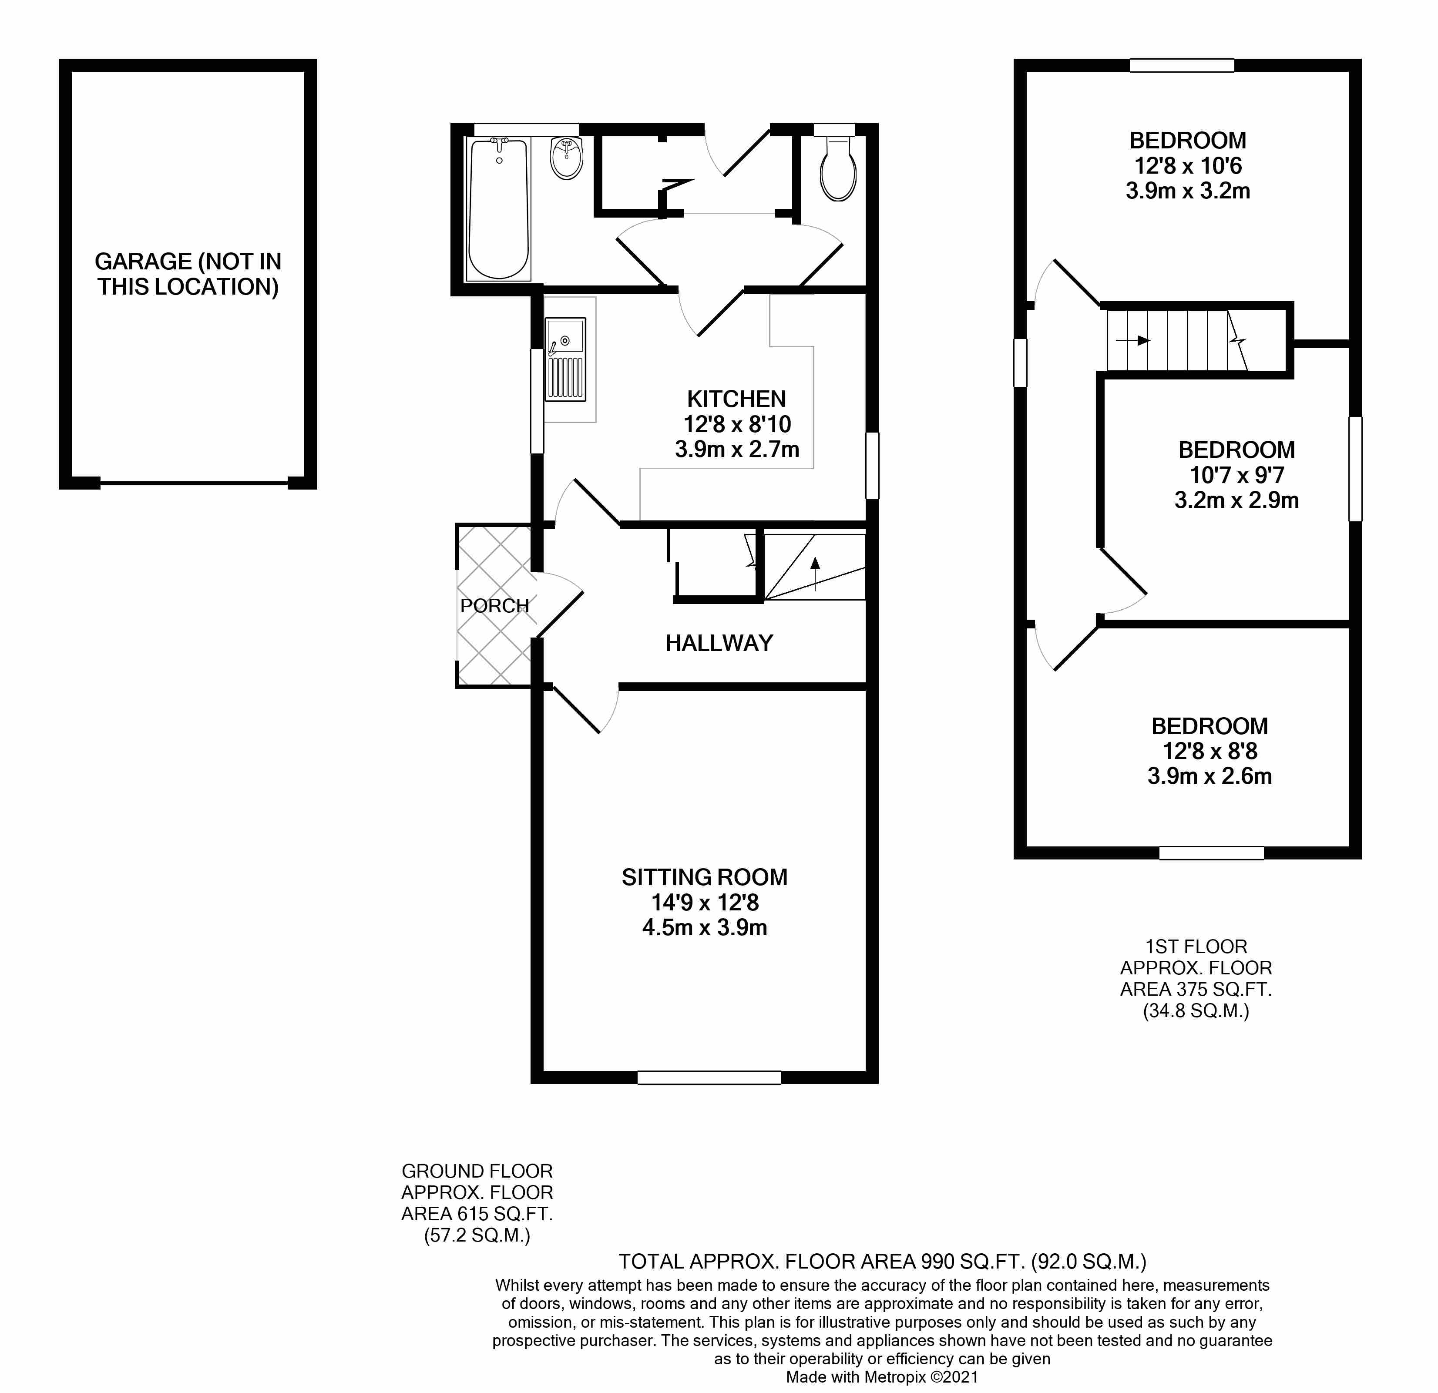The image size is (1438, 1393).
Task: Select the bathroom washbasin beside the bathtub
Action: (x=566, y=157)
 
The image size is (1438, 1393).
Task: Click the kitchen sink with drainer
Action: (x=565, y=359)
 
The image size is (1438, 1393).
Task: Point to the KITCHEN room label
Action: (x=736, y=399)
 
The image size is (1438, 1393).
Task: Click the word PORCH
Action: (x=494, y=606)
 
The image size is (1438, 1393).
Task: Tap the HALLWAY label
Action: (x=719, y=643)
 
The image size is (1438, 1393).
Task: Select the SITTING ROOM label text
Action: (x=704, y=877)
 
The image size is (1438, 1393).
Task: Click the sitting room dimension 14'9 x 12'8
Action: (x=704, y=902)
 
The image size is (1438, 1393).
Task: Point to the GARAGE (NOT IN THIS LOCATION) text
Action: (x=188, y=274)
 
